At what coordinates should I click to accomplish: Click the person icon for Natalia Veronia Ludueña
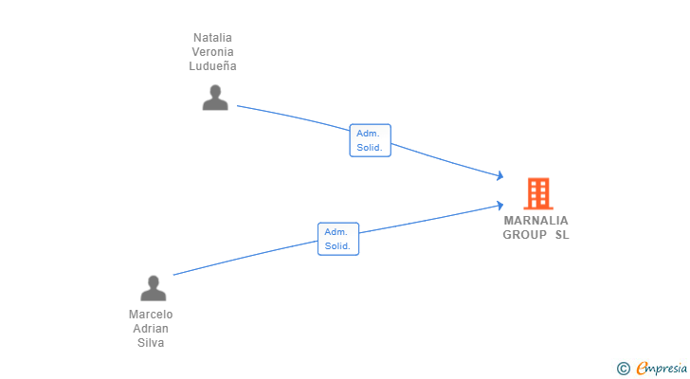(x=215, y=98)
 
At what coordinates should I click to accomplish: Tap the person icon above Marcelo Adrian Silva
(x=154, y=288)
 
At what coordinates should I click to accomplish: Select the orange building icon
(x=538, y=193)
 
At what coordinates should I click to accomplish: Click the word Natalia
(x=212, y=38)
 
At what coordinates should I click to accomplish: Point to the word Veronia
(x=212, y=52)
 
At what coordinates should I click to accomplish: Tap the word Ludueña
(x=212, y=66)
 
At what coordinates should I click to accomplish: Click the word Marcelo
(x=151, y=315)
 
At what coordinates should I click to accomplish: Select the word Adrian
(x=151, y=329)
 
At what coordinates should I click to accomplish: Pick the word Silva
(x=151, y=342)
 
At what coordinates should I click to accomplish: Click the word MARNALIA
(x=536, y=220)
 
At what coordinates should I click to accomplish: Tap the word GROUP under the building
(x=524, y=235)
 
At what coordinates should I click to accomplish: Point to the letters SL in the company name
(x=562, y=235)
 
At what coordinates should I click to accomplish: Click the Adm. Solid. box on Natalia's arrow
(x=370, y=140)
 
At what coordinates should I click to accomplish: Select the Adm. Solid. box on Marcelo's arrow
(x=338, y=239)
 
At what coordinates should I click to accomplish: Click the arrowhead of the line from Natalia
(x=500, y=176)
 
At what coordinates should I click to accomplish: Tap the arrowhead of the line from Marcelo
(x=500, y=206)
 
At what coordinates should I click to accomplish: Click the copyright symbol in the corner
(x=623, y=369)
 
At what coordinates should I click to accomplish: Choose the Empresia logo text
(x=662, y=368)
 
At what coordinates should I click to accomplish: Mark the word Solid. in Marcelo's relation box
(x=337, y=246)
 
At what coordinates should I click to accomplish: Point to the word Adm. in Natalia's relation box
(x=368, y=134)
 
